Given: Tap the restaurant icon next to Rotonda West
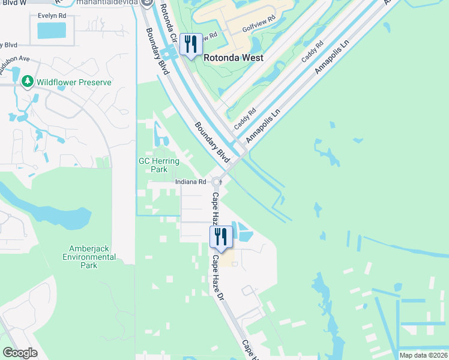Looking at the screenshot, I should (x=191, y=45).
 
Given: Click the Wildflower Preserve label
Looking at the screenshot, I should (x=74, y=82).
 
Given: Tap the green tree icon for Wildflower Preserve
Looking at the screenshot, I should (x=27, y=82).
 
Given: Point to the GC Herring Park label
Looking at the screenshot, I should (x=153, y=165).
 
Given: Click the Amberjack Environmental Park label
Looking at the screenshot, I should (x=89, y=256).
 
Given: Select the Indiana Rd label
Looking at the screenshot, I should (x=191, y=182).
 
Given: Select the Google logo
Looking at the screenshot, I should (x=20, y=353).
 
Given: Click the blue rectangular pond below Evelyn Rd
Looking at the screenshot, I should (x=52, y=31).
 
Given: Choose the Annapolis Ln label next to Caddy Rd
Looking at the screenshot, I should (x=263, y=125).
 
